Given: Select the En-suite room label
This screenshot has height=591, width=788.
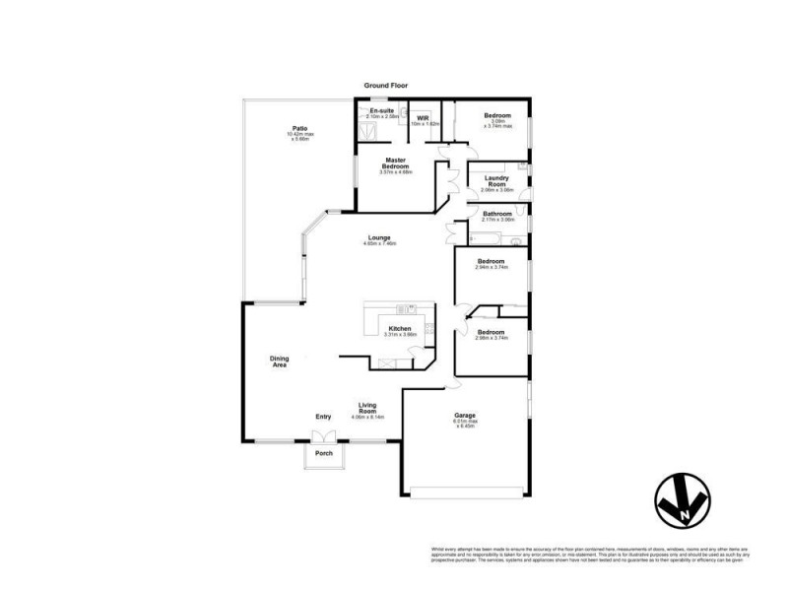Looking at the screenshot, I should pos(381,112).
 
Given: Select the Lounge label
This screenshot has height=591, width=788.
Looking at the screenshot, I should pos(379,239).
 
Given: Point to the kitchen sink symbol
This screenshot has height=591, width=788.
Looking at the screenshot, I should pos(429,330).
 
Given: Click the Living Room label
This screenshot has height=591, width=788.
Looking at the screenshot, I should pos(367,409).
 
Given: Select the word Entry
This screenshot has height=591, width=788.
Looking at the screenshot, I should pos(323,417).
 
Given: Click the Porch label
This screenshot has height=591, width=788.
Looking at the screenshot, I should pos(323,454).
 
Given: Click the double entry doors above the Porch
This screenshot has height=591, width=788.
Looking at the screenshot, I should pos(323,436).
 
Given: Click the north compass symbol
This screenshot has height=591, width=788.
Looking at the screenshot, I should pos(681,500).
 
